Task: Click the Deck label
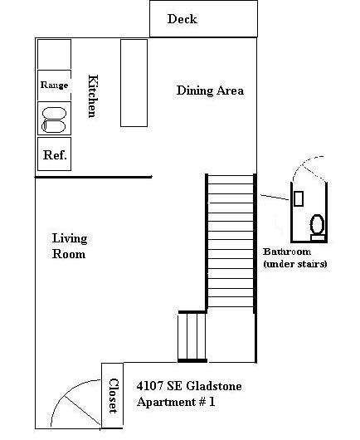pyautogui.click(x=182, y=19)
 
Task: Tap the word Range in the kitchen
pyautogui.click(x=55, y=85)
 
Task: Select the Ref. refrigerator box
pyautogui.click(x=55, y=154)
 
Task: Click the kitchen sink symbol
pyautogui.click(x=54, y=120)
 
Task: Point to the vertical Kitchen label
pyautogui.click(x=93, y=96)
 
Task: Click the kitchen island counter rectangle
pyautogui.click(x=134, y=83)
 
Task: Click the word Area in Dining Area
pyautogui.click(x=231, y=90)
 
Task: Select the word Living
pyautogui.click(x=70, y=239)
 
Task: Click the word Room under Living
pyautogui.click(x=69, y=254)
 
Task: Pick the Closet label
pyautogui.click(x=114, y=396)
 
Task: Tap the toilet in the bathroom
pyautogui.click(x=318, y=227)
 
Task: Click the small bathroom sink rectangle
pyautogui.click(x=299, y=198)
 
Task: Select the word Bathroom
pyautogui.click(x=287, y=252)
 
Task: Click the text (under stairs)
pyautogui.click(x=295, y=264)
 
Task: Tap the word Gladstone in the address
pyautogui.click(x=214, y=386)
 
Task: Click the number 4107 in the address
pyautogui.click(x=149, y=386)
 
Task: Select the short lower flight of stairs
pyautogui.click(x=192, y=336)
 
